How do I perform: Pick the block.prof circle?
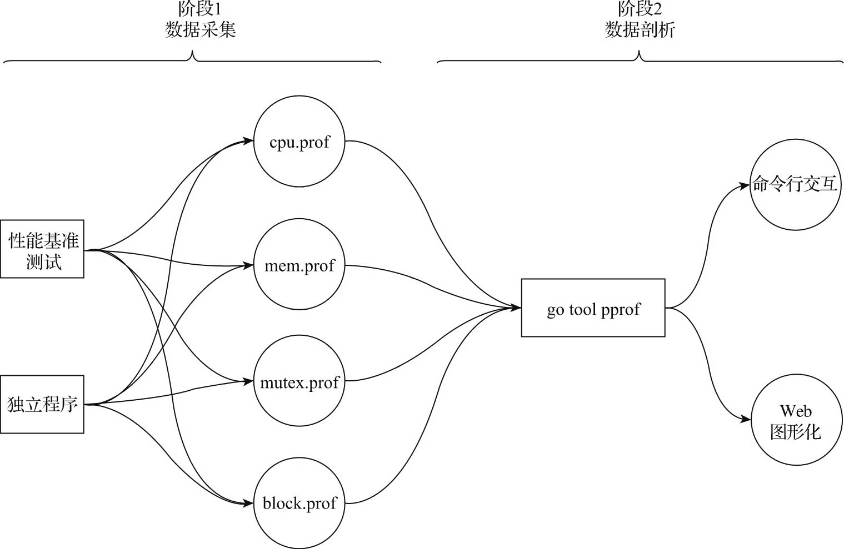299,503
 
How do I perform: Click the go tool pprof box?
593,308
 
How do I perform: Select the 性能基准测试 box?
42,249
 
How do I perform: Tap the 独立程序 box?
42,404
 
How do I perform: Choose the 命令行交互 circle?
795,184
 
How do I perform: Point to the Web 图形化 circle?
796,420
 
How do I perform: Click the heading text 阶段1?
199,9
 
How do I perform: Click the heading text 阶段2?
640,9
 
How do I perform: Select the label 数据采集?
200,29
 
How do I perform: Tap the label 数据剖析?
640,29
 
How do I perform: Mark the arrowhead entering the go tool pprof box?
516,307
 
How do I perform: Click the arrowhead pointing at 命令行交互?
745,186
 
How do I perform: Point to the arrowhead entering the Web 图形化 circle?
746,420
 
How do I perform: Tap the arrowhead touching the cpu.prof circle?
248,141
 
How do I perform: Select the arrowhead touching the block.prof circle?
248,503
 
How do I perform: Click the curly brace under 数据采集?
192,58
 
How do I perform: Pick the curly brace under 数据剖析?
640,58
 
